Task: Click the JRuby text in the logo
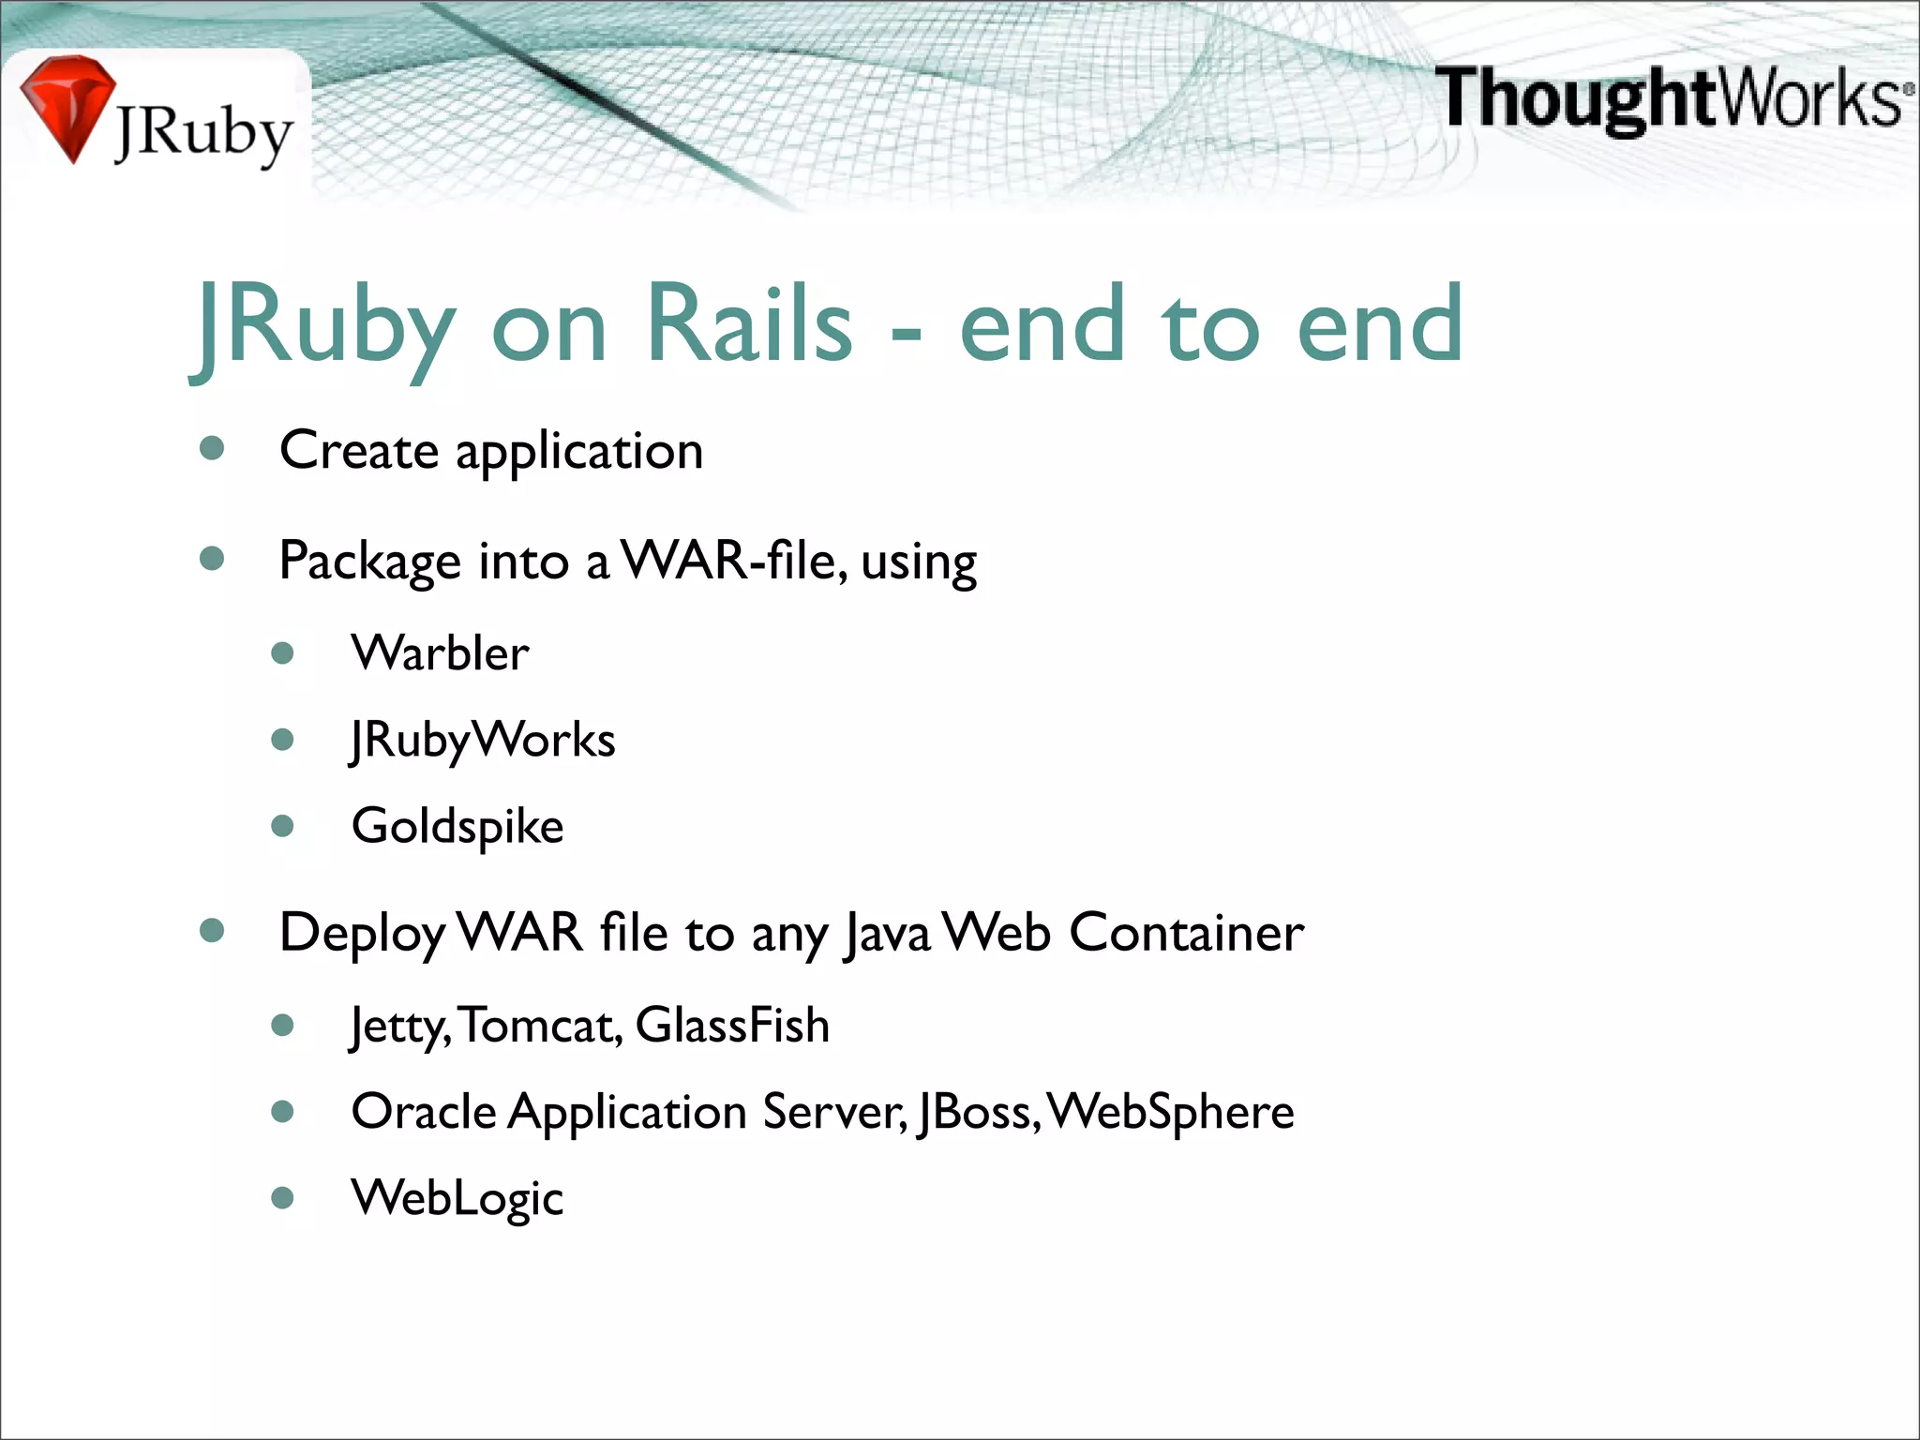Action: (x=203, y=134)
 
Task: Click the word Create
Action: (x=359, y=450)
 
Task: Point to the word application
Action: (x=579, y=453)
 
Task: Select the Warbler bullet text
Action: (x=440, y=652)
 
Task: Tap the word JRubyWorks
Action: (x=483, y=740)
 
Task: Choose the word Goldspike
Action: (x=457, y=827)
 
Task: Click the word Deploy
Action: (x=362, y=934)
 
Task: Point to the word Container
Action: (x=1186, y=932)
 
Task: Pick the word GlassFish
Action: (x=732, y=1025)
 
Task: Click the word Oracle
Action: (x=424, y=1112)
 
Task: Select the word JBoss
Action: (x=977, y=1112)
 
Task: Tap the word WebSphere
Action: (x=1171, y=1112)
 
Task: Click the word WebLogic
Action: (x=457, y=1198)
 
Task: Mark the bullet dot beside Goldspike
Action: (x=282, y=826)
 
